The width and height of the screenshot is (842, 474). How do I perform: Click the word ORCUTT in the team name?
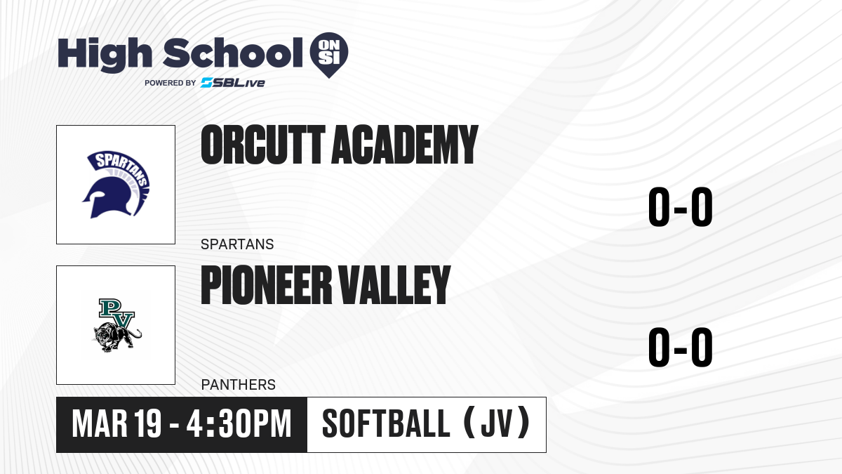coord(262,145)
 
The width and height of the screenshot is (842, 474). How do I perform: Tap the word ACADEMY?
coord(405,145)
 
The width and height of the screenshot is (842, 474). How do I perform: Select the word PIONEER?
coord(266,285)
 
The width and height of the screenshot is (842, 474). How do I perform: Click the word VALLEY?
coord(394,285)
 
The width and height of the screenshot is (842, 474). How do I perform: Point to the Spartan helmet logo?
coord(116,185)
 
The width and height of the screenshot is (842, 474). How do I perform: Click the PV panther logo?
coord(116,325)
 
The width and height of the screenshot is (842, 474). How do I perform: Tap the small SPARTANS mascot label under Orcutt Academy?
coord(237,244)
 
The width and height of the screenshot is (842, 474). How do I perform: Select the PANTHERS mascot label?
coord(239,385)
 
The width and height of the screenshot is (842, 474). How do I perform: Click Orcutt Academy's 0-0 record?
coord(681,207)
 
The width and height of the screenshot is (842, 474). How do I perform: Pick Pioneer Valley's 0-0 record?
coord(681,347)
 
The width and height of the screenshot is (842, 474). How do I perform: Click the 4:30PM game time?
coord(239,424)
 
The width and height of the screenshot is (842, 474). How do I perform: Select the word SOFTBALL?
coord(386,424)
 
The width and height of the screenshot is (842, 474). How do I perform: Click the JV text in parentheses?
coord(496,424)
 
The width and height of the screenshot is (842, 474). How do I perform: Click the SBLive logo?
coord(233,83)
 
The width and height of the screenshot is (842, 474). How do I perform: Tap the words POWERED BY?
coord(171,83)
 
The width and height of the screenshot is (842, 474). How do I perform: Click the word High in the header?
coord(105,54)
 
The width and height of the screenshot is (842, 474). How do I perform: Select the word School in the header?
coord(233,53)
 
